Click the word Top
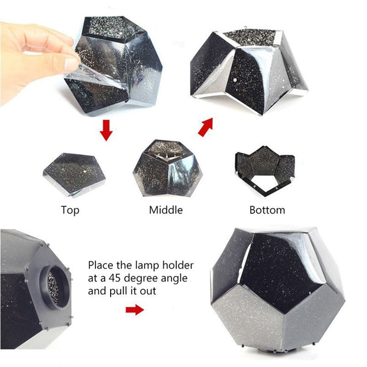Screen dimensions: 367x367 pos(70,210)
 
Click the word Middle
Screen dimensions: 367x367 pos(166,210)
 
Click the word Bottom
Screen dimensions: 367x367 pos(267,210)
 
